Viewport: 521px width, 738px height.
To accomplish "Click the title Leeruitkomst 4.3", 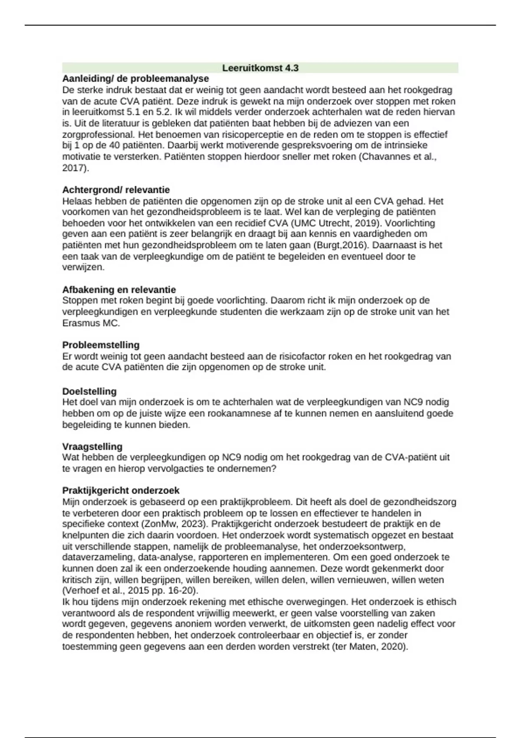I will click(x=260, y=68).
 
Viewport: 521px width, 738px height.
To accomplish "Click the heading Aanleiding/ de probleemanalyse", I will click(x=135, y=79).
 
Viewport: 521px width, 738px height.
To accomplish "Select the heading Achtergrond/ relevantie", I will click(x=116, y=190).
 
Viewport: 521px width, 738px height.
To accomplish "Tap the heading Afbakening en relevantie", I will click(x=119, y=290).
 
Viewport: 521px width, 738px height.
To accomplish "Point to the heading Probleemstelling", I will click(x=101, y=345).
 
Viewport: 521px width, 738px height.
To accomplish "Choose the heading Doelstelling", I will click(x=89, y=391).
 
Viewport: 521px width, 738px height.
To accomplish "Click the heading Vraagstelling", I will click(x=92, y=446).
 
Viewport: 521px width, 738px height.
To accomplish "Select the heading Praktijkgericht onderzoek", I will click(x=121, y=491).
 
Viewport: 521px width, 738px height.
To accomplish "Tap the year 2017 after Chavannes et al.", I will click(x=74, y=168).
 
